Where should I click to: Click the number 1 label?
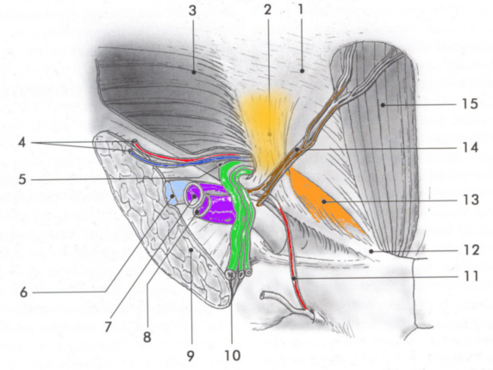[301, 9]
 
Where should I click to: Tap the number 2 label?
[267, 10]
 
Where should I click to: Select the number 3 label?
[192, 10]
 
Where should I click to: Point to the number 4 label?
[22, 143]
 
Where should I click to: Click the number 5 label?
[22, 180]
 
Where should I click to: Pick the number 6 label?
[23, 293]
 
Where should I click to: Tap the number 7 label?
[108, 327]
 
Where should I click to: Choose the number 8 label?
[147, 337]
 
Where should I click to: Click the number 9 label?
[190, 355]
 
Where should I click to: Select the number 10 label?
[233, 355]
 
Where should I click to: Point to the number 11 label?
[471, 276]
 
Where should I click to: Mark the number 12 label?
[471, 250]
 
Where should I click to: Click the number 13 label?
[471, 200]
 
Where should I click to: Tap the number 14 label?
[471, 147]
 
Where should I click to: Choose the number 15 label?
[470, 104]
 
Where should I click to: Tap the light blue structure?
[173, 193]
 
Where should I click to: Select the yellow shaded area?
[267, 129]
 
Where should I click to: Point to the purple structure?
[214, 204]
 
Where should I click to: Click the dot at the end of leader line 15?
[383, 105]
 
